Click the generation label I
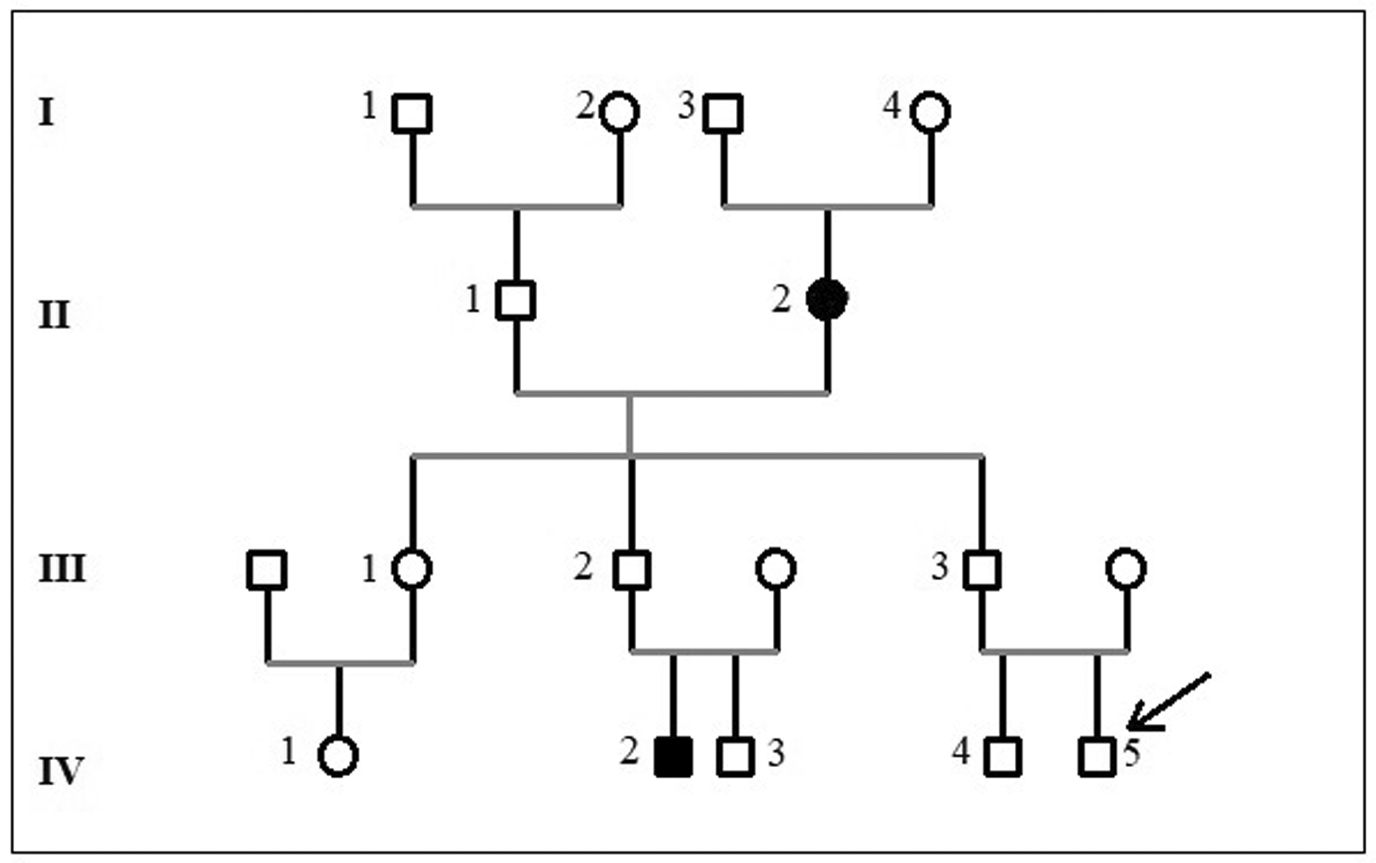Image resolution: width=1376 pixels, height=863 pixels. click(x=46, y=112)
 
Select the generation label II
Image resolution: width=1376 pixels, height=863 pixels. click(x=54, y=315)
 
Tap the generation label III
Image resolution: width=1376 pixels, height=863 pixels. click(x=62, y=569)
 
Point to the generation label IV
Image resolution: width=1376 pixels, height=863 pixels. click(x=61, y=771)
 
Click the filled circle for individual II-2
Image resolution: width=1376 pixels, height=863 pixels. click(x=827, y=299)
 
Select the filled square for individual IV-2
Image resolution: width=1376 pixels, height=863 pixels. click(x=673, y=756)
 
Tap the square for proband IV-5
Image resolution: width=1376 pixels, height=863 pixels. click(x=1097, y=756)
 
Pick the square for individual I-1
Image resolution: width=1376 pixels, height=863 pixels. click(x=412, y=113)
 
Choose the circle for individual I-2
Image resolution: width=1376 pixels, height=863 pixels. click(x=619, y=112)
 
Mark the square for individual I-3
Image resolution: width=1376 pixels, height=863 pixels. click(x=723, y=113)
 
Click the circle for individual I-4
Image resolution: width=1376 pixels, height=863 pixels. click(x=930, y=112)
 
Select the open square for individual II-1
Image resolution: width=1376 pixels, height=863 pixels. click(x=516, y=300)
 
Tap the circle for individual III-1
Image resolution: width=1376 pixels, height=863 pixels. click(x=412, y=569)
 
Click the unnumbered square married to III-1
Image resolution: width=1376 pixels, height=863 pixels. click(x=267, y=570)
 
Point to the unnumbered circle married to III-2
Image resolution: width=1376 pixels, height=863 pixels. click(x=776, y=569)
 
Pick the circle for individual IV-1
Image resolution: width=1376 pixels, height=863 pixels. click(x=338, y=756)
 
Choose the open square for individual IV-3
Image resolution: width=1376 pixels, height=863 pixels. click(x=735, y=756)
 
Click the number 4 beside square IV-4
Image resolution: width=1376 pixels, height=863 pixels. click(x=960, y=752)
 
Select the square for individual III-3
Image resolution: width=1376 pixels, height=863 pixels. click(x=982, y=570)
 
